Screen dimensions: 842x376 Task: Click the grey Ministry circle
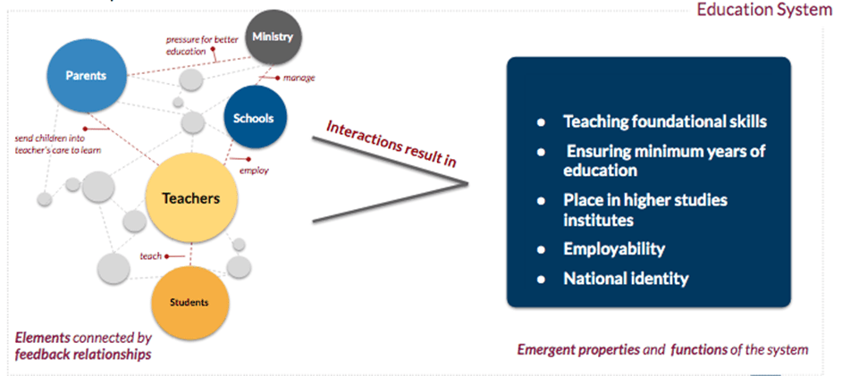tap(274, 38)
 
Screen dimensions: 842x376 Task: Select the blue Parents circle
tap(87, 76)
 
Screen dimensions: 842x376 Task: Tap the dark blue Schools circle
tap(255, 118)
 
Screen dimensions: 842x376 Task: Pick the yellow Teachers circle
tap(191, 198)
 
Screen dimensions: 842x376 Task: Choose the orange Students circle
tap(189, 303)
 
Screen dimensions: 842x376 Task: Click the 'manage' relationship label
tap(299, 79)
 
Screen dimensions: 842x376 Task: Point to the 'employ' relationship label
tap(254, 171)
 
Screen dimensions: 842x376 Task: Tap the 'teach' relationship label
tap(151, 256)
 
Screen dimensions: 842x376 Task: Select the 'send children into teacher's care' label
tap(57, 145)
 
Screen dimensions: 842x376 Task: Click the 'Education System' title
tap(764, 10)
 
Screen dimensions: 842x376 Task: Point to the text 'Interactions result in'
tap(392, 144)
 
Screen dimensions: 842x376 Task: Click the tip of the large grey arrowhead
tap(467, 184)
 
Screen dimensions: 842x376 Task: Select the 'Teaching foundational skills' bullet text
tap(665, 121)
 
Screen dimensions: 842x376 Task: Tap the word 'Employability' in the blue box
tap(614, 249)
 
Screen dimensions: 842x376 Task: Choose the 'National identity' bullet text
tap(626, 279)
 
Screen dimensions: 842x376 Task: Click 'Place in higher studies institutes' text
tap(645, 210)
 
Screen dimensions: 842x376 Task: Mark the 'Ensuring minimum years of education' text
tap(664, 161)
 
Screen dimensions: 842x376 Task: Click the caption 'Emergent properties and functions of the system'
tap(662, 350)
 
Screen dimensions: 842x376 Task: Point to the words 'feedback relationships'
tap(83, 355)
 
